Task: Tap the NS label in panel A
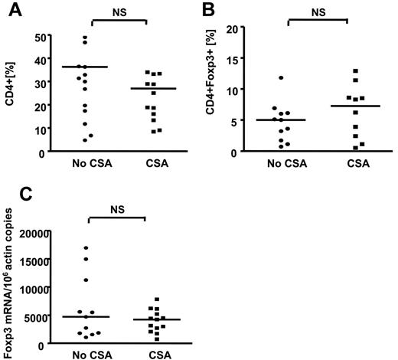pyautogui.click(x=117, y=11)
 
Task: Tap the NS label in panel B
pyautogui.click(x=318, y=11)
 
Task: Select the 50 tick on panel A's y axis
pyautogui.click(x=38, y=35)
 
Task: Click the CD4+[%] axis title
pyautogui.click(x=11, y=94)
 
